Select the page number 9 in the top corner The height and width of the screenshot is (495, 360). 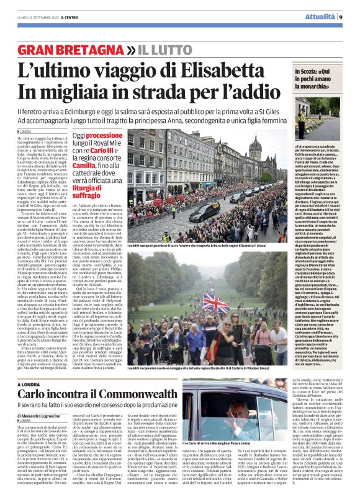[x=341, y=17]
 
